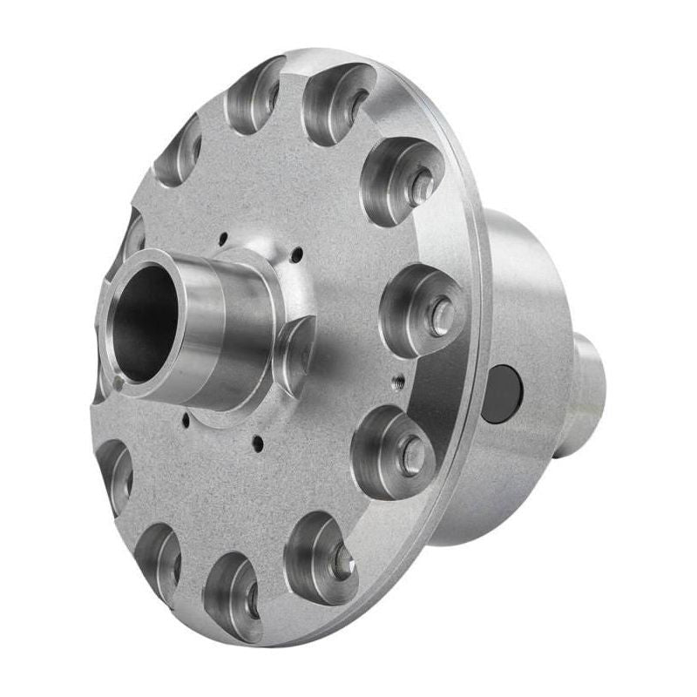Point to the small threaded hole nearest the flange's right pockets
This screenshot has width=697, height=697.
pyautogui.click(x=398, y=379)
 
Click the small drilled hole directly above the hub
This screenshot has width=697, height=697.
pyautogui.click(x=224, y=235)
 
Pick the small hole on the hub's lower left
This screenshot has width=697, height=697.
pyautogui.click(x=186, y=418)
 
